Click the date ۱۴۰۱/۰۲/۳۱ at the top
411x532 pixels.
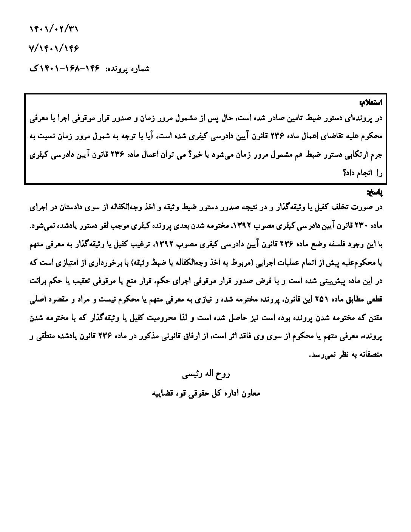click(55, 29)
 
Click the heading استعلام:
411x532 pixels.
click(371, 102)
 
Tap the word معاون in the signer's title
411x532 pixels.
click(250, 393)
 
